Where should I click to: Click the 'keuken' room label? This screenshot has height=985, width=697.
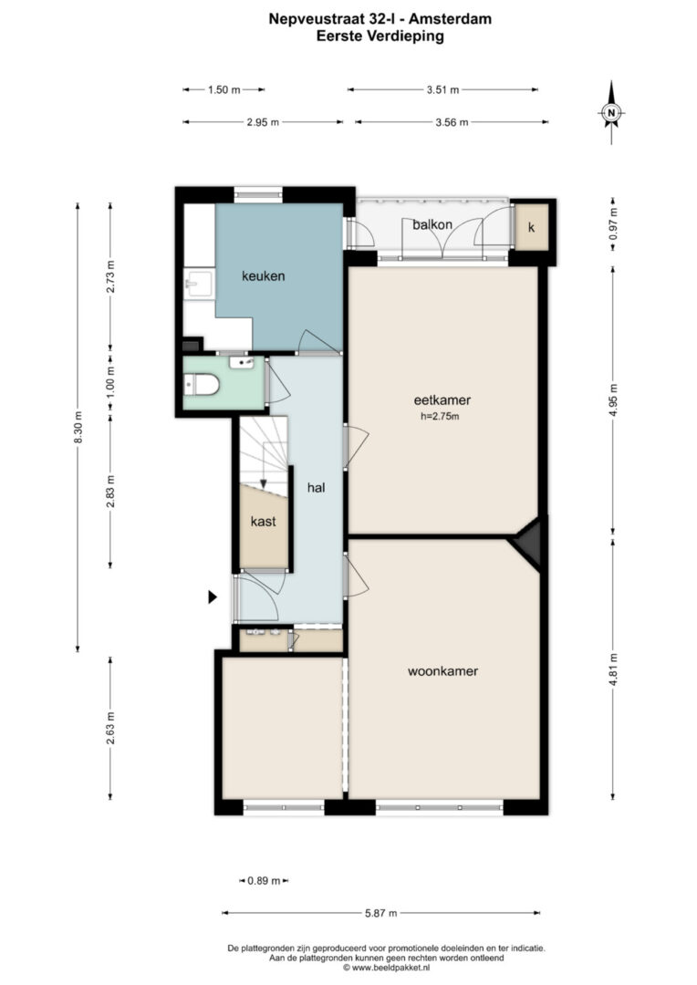264,275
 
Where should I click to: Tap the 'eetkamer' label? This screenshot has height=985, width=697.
442,399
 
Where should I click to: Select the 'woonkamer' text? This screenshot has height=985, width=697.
443,671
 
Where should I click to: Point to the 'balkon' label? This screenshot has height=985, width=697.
432,224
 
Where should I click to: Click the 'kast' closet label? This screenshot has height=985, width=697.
264,522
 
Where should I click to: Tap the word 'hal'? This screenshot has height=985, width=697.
317,487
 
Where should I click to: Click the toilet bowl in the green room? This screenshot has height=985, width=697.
201,385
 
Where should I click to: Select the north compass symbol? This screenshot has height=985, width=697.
611,112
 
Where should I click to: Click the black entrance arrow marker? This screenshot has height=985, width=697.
213,597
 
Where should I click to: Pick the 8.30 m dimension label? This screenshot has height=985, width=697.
78,427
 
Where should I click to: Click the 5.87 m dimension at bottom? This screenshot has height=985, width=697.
380,913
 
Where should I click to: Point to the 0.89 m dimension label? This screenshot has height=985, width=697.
264,881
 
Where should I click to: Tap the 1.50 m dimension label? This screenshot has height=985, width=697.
224,89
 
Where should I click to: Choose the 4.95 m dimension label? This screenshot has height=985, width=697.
614,399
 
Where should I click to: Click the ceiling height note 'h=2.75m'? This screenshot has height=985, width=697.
440,416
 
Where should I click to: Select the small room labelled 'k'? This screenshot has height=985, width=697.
532,227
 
